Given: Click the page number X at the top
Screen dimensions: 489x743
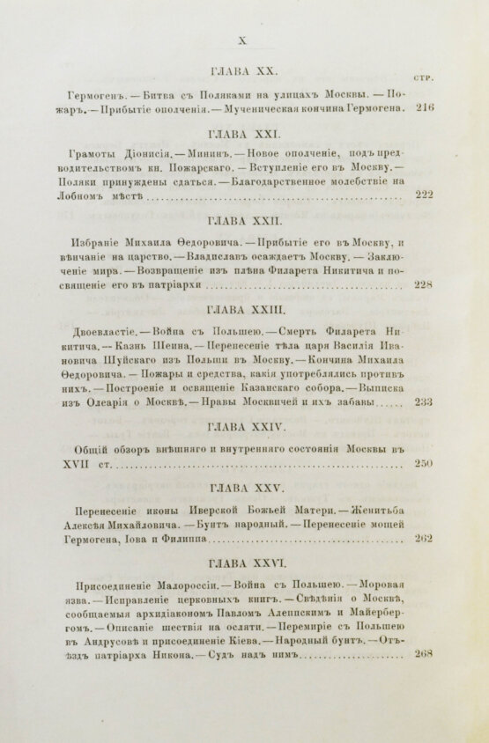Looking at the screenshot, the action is click(243, 39).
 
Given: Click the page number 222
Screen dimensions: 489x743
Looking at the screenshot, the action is click(424, 195).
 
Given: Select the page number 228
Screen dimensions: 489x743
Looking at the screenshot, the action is click(424, 285).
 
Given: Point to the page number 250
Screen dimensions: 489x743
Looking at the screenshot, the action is click(424, 462).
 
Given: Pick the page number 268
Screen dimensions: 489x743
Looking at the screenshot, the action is click(424, 678).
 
